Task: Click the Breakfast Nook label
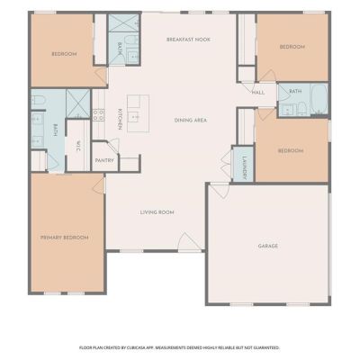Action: [188, 40]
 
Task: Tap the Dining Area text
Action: [191, 121]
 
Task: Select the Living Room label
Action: [157, 212]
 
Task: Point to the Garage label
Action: [268, 246]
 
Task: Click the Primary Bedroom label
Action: [65, 238]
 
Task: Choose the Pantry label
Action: [104, 160]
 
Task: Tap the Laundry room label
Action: [245, 168]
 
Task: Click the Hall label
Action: [258, 93]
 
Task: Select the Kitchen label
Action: [120, 119]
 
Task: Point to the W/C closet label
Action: [78, 146]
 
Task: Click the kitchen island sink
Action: [133, 116]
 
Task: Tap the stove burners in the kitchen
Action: [99, 115]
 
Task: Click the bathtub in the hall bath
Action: [319, 98]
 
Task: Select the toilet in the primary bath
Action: [39, 100]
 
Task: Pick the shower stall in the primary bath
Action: [78, 103]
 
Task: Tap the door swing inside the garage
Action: [220, 190]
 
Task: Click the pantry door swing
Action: [114, 146]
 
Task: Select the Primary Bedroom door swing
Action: [99, 186]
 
